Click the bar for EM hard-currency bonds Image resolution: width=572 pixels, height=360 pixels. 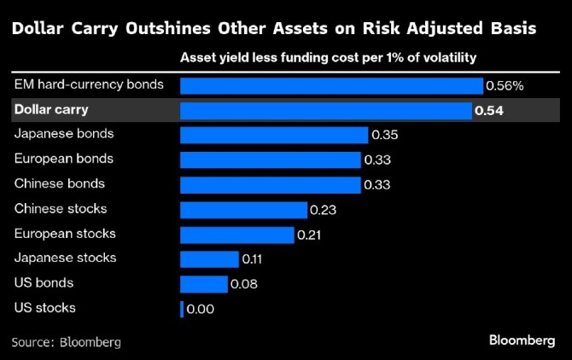331,86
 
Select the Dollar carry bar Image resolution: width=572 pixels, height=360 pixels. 325,111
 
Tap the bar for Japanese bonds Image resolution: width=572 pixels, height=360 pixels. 274,135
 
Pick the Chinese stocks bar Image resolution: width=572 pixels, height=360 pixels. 243,210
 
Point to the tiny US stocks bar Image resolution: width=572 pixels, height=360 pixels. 182,309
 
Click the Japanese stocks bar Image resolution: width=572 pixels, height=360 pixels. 209,259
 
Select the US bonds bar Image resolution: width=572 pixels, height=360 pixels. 204,284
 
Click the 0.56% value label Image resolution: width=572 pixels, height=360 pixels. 505,86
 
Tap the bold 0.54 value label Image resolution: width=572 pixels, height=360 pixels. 489,111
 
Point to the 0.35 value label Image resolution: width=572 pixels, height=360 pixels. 385,135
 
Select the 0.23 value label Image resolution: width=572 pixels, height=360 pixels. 324,210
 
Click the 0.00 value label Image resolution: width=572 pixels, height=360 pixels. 200,309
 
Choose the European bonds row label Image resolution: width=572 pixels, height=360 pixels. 64,159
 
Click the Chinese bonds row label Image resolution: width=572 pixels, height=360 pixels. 60,183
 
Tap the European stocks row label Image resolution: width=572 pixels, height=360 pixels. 65,233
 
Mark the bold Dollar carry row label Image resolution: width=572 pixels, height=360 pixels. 52,110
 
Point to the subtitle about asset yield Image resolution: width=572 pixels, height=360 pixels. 328,58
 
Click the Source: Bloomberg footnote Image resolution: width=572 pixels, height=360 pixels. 66,342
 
